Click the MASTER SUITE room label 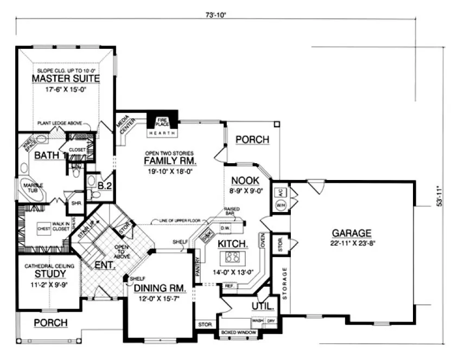coord(66,79)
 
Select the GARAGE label coord(352,234)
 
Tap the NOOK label coord(244,181)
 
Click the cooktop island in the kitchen coord(232,257)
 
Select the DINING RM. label coord(160,288)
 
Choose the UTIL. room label coord(263,306)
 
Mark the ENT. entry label coord(104,266)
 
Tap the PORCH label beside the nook coord(252,140)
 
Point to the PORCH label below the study coord(50,323)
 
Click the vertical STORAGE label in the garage coord(284,282)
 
